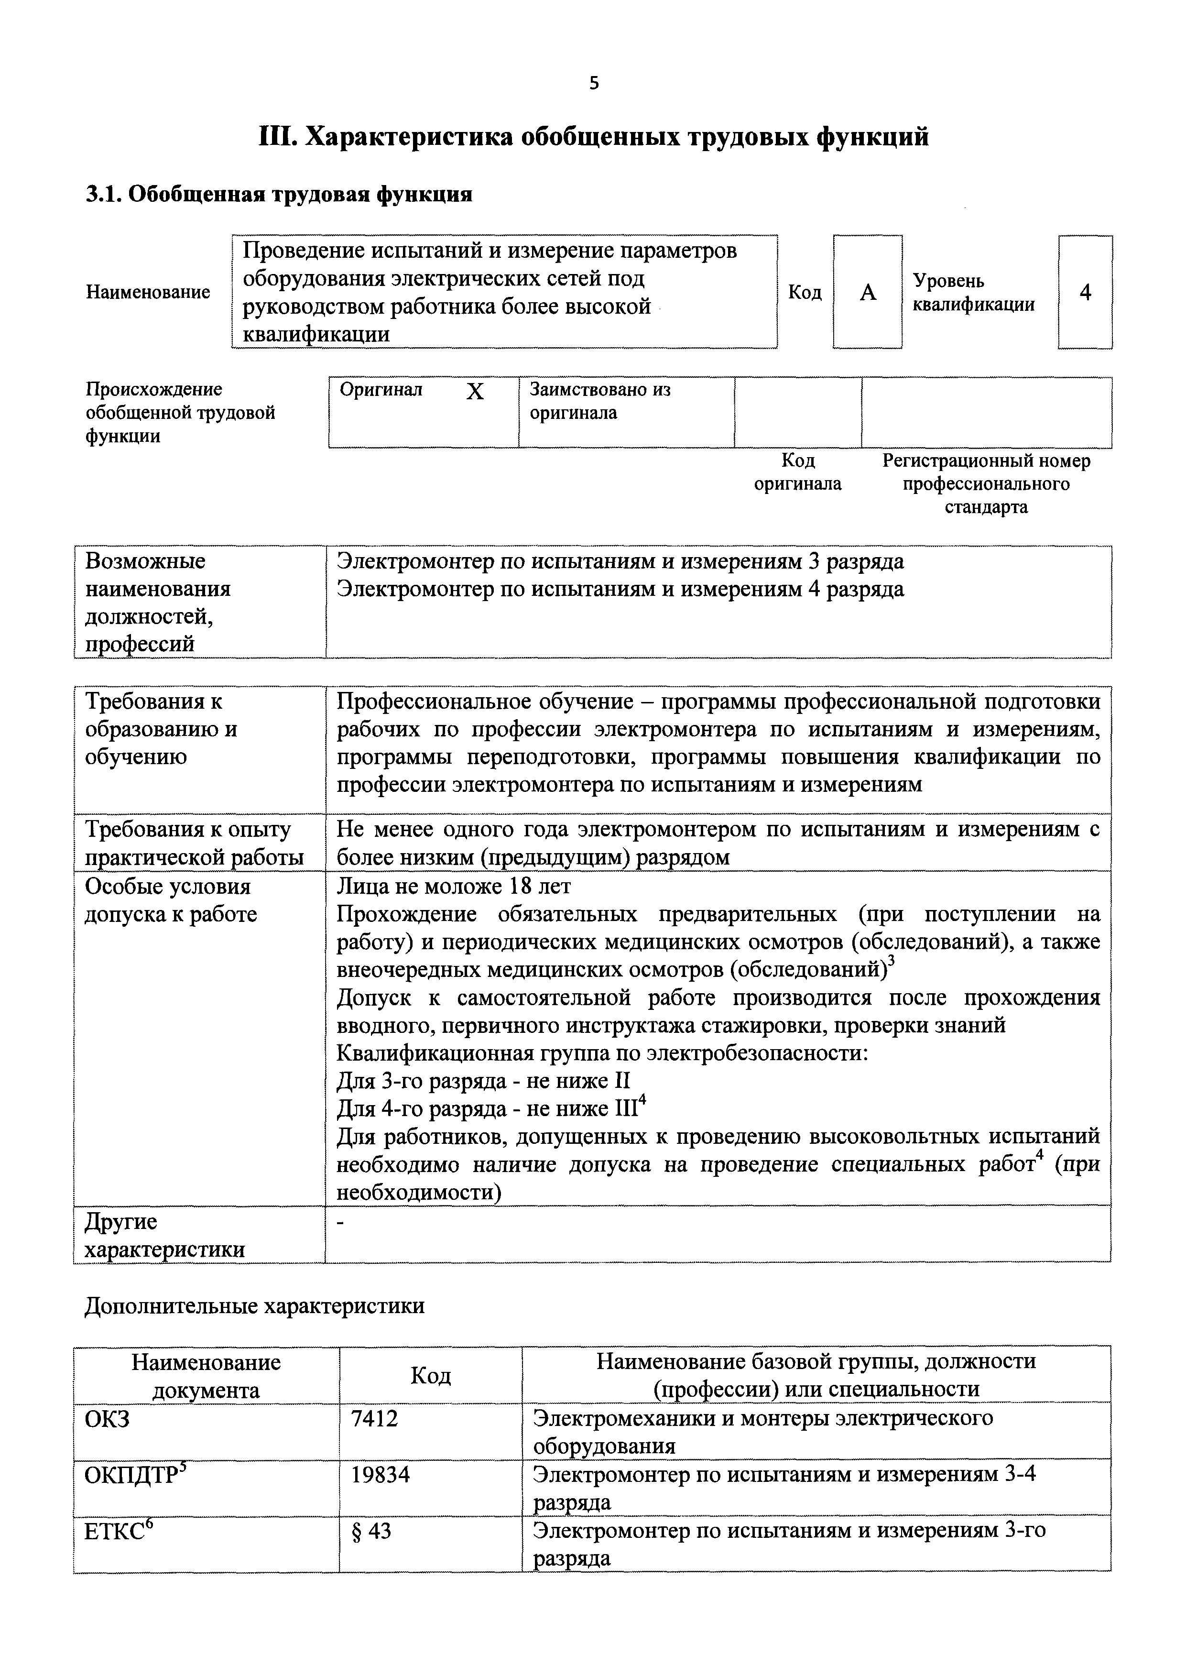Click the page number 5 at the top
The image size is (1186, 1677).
point(593,83)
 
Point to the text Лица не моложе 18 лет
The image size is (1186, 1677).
point(454,886)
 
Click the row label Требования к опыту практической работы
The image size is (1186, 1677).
point(194,843)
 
